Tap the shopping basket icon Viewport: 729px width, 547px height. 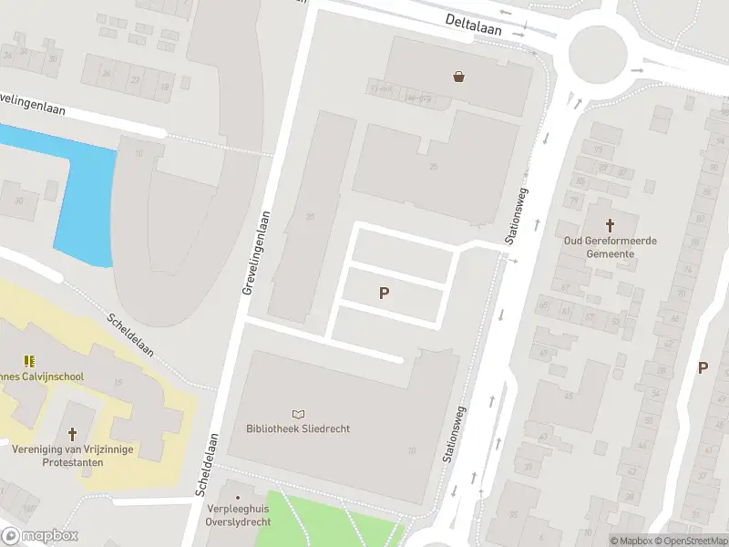(458, 77)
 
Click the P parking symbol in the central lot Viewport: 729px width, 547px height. (385, 293)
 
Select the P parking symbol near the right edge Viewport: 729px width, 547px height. (703, 367)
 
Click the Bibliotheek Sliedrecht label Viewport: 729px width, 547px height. (298, 428)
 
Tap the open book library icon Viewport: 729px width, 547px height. (299, 413)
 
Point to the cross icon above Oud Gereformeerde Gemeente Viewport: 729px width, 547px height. (610, 224)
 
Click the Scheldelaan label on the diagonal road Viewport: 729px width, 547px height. (130, 335)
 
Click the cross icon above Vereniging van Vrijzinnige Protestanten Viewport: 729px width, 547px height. (73, 434)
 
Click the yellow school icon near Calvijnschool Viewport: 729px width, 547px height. (29, 361)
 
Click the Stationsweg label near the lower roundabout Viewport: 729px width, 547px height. (454, 434)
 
